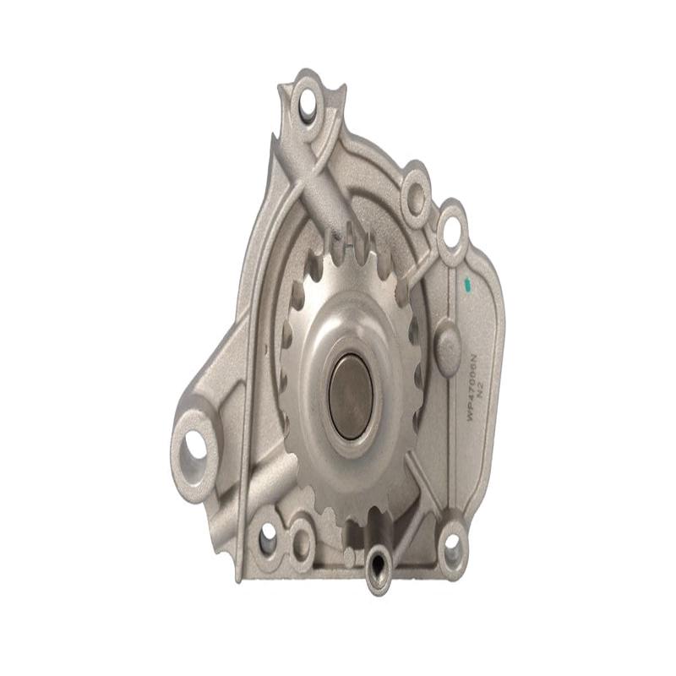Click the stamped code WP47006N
(x=472, y=387)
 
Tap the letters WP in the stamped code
(x=472, y=414)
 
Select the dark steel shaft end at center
(x=350, y=395)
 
